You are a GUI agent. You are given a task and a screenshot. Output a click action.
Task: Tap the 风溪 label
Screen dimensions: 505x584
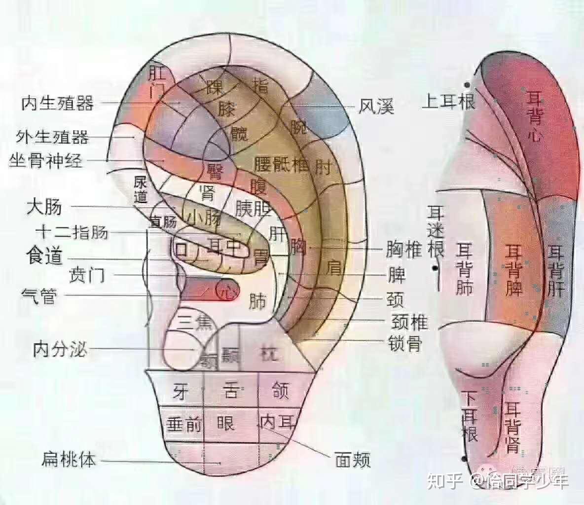(x=376, y=106)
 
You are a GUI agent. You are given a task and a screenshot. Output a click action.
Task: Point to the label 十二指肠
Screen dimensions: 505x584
(x=72, y=232)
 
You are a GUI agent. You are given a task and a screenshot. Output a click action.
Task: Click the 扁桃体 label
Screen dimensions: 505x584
(x=69, y=461)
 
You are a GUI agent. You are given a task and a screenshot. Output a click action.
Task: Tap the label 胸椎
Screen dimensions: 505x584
(x=404, y=250)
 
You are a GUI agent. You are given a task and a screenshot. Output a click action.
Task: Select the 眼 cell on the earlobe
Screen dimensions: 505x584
(x=226, y=423)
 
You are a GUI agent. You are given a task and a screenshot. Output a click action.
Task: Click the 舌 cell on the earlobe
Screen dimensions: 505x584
(x=231, y=392)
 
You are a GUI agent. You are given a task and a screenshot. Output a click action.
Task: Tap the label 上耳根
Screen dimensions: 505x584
(x=448, y=102)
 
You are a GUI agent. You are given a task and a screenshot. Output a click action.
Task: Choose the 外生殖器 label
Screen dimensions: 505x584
(x=52, y=136)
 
